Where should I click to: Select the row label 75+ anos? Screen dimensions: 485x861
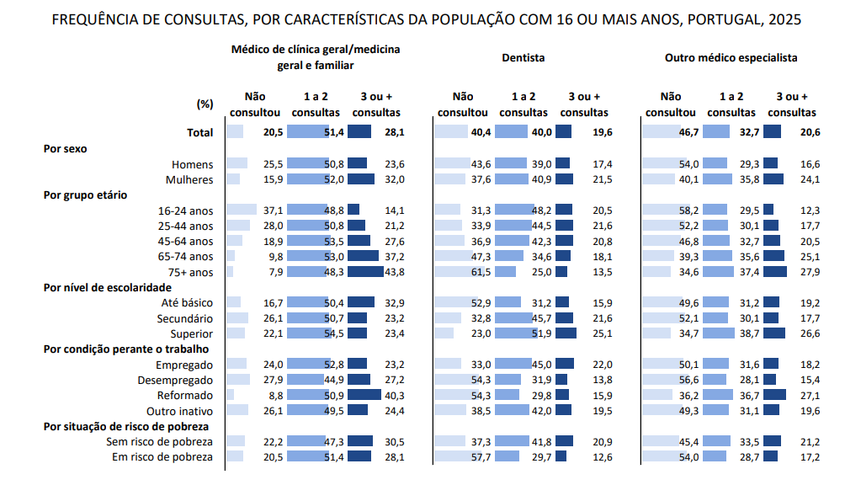pos(190,272)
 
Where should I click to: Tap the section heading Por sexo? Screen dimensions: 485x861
pos(65,148)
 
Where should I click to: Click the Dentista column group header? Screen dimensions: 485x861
pos(523,58)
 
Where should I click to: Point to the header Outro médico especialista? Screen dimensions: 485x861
pos(731,58)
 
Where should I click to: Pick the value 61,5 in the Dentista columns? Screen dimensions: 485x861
pos(481,272)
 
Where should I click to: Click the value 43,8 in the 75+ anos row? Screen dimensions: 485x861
pos(393,272)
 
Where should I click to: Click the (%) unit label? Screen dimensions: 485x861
pos(205,104)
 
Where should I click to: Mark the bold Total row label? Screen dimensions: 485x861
pos(199,132)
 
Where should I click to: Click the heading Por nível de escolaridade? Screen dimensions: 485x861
pos(107,287)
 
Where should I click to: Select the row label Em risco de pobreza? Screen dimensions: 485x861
pos(162,456)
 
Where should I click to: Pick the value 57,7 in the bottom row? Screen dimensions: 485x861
pos(481,456)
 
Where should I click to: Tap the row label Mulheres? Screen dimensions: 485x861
pos(190,179)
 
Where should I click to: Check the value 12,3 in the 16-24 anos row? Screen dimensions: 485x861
pos(811,210)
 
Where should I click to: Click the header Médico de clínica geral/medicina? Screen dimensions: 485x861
pos(316,50)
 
